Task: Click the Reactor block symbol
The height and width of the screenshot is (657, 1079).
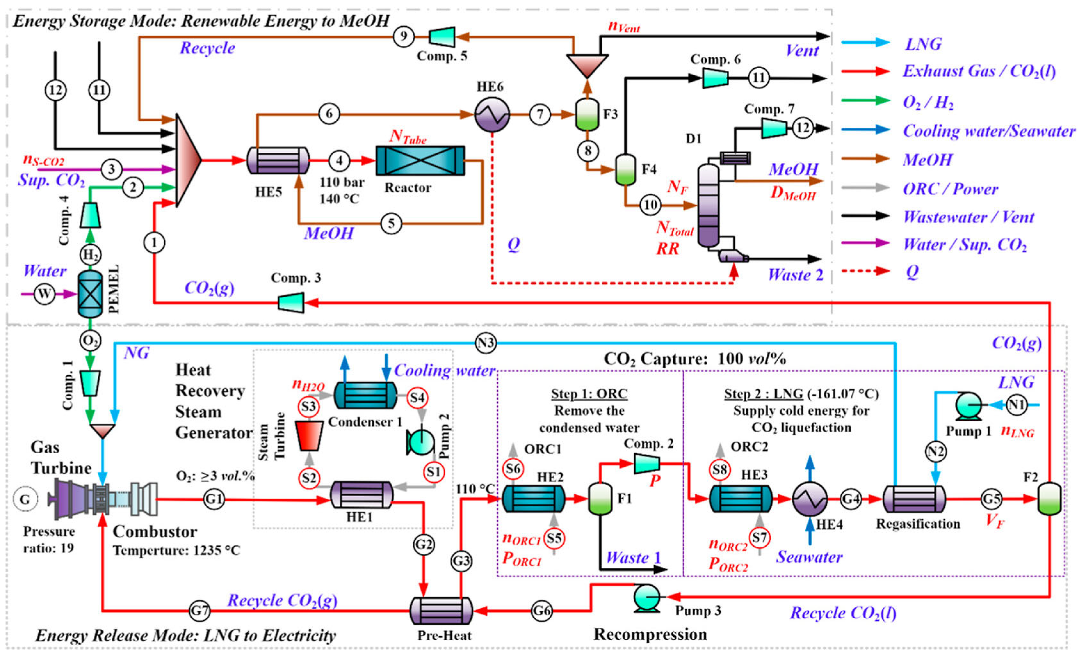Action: [x=420, y=161]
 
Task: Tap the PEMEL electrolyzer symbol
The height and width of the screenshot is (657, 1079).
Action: [x=90, y=294]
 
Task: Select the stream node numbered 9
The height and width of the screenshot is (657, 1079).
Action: [x=403, y=36]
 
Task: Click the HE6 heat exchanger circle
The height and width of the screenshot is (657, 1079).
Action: [x=492, y=114]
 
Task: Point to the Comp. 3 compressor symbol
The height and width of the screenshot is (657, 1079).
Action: [x=291, y=302]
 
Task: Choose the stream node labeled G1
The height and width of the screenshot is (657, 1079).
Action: [x=214, y=499]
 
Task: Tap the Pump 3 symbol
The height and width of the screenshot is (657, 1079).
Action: [x=647, y=598]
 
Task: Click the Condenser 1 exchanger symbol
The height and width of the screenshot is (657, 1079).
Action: [x=366, y=395]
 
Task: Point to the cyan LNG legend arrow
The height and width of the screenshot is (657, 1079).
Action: [x=865, y=42]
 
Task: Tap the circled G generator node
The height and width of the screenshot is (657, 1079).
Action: [x=25, y=499]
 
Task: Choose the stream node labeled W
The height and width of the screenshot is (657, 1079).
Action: [x=45, y=294]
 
